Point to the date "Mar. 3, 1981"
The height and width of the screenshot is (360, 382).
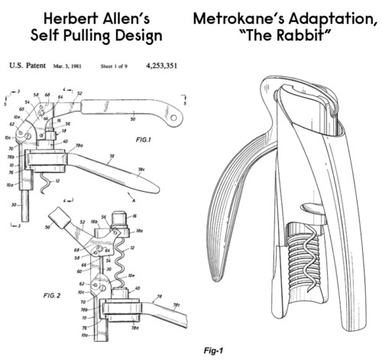[70, 67]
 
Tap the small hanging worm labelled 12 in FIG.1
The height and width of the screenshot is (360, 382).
[47, 182]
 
